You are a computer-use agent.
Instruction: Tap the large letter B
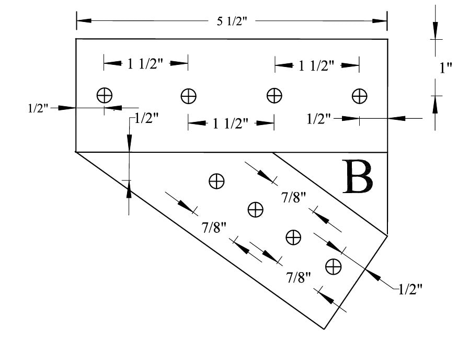(x=359, y=177)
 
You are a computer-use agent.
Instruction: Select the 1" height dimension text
(x=445, y=67)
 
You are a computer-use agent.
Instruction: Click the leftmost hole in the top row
(x=105, y=95)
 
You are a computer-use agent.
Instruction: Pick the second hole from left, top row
(x=188, y=96)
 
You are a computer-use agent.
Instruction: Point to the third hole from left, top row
(x=274, y=96)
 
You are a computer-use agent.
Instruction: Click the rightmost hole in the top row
(x=359, y=96)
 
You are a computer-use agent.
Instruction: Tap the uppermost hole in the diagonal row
(x=216, y=181)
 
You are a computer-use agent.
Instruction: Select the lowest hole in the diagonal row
(x=333, y=266)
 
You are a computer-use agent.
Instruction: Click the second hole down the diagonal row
(x=255, y=209)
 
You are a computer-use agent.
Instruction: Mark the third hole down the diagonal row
(x=294, y=237)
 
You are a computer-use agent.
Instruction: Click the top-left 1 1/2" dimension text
(x=145, y=64)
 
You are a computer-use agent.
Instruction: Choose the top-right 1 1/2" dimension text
(x=316, y=65)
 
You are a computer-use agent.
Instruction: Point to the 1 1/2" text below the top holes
(x=231, y=123)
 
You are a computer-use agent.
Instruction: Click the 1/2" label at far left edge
(x=38, y=108)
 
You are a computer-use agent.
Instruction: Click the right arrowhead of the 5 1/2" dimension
(x=380, y=21)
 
